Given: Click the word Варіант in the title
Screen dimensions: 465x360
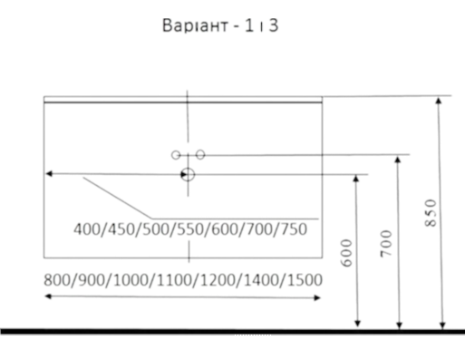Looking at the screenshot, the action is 195,25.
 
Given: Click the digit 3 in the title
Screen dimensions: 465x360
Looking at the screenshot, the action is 274,25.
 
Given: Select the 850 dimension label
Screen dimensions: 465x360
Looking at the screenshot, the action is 431,213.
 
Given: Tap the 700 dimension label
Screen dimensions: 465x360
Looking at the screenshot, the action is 386,244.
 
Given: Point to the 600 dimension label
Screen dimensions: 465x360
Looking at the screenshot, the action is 346,253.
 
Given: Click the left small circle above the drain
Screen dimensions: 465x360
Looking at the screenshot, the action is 176,155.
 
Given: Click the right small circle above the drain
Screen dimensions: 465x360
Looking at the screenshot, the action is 200,155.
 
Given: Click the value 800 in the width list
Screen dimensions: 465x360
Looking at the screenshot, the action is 57,280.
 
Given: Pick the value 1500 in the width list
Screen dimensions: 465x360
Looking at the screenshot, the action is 305,280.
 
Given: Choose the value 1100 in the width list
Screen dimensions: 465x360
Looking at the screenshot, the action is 175,280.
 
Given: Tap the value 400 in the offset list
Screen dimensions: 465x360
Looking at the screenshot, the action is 87,229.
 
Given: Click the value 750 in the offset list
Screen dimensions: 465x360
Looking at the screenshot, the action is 294,229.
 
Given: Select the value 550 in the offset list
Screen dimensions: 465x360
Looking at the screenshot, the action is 190,229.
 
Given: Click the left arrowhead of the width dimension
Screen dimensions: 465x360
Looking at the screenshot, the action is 48,297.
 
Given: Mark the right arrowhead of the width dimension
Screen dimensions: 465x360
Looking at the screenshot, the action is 317,297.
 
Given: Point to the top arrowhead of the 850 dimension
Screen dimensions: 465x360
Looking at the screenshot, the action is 439,101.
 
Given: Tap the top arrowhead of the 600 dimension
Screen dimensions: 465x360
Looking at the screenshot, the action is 356,179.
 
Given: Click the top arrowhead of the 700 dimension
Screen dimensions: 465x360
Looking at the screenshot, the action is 398,160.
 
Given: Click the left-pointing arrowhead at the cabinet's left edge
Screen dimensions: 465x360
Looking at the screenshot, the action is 49,174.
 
